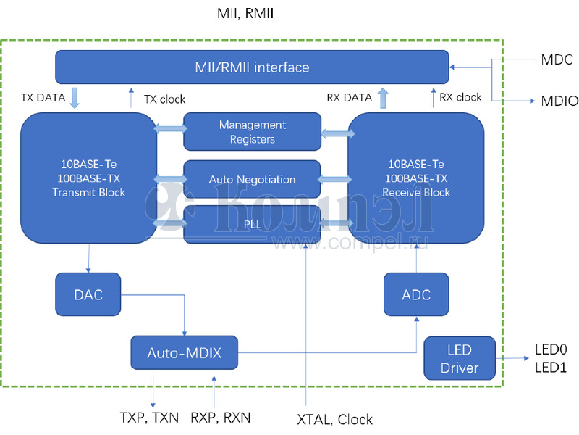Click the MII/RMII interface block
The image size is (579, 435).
click(x=252, y=67)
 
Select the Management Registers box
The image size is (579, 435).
click(x=252, y=131)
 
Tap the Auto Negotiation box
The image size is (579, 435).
click(x=252, y=179)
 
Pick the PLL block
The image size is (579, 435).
click(x=252, y=224)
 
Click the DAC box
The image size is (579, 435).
click(x=88, y=294)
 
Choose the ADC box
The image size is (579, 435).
click(x=416, y=294)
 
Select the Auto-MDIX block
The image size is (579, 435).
click(x=184, y=353)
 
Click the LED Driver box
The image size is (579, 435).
click(x=460, y=359)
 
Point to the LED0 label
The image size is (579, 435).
click(x=550, y=349)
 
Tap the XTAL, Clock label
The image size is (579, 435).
click(x=335, y=419)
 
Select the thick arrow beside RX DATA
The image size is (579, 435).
click(x=383, y=97)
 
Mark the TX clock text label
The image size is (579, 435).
click(x=164, y=99)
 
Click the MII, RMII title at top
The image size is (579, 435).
click(x=245, y=14)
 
